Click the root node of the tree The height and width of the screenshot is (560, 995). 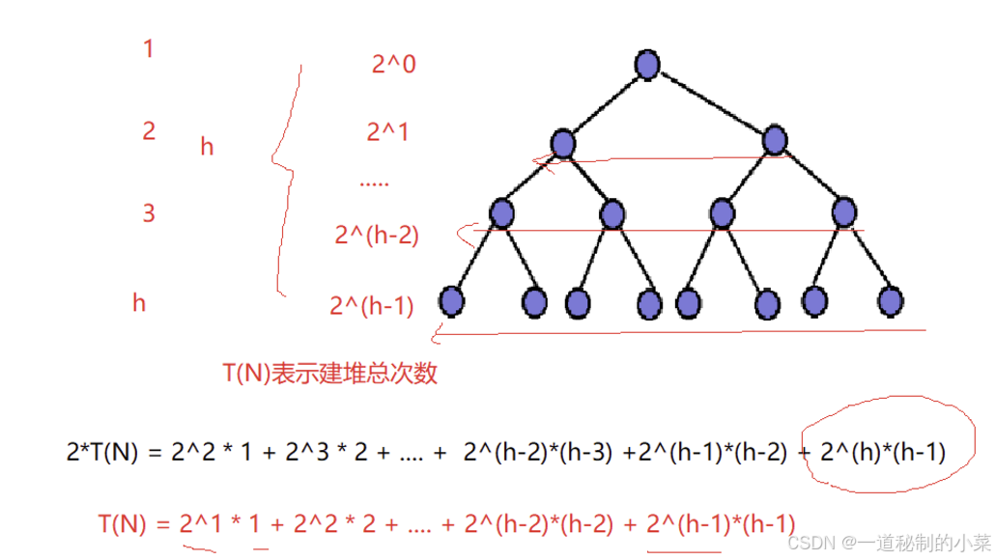point(647,65)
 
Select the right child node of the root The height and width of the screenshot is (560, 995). point(775,141)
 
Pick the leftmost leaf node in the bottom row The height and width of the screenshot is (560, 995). point(451,301)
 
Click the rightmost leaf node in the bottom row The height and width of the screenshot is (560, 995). point(890,301)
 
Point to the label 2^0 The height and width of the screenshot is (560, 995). point(393,65)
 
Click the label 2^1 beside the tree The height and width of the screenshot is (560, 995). point(387,131)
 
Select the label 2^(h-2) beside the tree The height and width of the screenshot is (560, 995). point(377,235)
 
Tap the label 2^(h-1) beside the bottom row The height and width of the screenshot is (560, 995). point(372,306)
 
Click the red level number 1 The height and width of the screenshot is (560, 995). point(148,48)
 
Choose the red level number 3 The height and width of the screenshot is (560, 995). point(149,213)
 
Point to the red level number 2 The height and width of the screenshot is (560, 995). point(149,131)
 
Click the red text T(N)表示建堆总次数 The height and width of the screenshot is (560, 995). point(329,373)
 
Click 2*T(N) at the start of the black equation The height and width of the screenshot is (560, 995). point(102,451)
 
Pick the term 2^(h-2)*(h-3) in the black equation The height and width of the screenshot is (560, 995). point(538,451)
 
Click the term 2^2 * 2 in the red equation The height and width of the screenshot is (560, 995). point(337,524)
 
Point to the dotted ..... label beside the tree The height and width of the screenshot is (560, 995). point(374,182)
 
